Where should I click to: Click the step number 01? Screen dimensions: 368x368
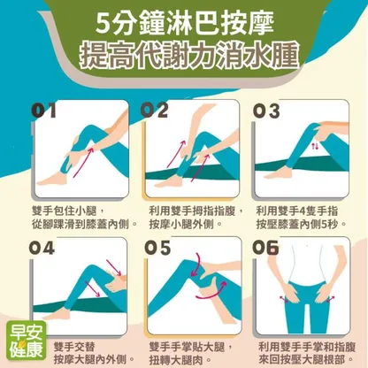(x=43, y=111)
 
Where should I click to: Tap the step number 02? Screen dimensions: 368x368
(x=154, y=111)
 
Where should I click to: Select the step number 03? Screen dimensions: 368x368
(x=266, y=111)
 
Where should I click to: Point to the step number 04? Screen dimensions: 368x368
(x=42, y=248)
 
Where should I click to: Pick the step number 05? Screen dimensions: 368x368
(x=157, y=248)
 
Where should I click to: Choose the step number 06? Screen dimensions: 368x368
(x=265, y=248)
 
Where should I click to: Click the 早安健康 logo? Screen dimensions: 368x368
(x=27, y=341)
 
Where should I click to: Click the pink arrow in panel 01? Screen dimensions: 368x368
(x=83, y=162)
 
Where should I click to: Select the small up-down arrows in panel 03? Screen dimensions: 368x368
(x=315, y=146)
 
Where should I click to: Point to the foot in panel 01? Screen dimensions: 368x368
(x=52, y=180)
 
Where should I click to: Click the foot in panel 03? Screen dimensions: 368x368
(x=279, y=172)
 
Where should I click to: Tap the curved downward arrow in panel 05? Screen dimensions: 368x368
(x=195, y=264)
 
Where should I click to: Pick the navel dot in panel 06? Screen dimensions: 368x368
(x=308, y=246)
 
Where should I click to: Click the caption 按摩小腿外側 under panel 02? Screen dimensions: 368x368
(x=181, y=225)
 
